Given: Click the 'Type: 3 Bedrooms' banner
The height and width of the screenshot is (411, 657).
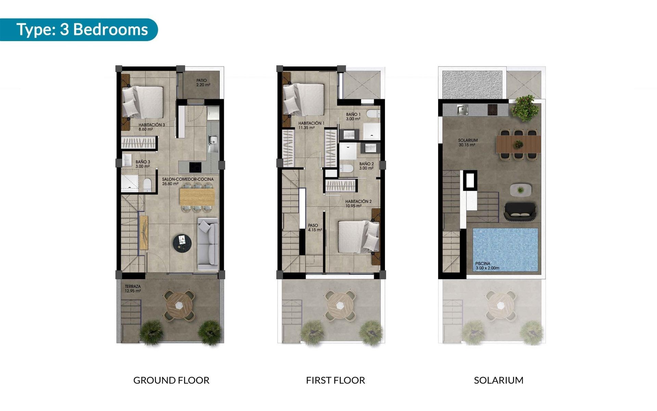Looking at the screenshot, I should tap(82, 29).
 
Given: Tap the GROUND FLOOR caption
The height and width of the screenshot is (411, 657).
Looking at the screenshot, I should tap(171, 380).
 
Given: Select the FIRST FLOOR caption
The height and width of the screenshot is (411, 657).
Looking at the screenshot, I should tap(335, 380).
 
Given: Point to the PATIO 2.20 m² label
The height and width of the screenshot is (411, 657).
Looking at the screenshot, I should tap(203, 83).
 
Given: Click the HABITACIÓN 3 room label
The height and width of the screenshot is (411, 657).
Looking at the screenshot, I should tap(152, 127).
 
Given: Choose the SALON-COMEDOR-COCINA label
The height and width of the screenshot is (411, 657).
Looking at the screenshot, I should tap(188, 181).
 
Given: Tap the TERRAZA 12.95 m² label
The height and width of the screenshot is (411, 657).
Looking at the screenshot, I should tap(133, 289).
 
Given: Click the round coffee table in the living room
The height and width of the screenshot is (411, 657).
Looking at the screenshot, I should tap(182, 243).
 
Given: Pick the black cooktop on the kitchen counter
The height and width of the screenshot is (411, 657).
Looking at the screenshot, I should tap(195, 167).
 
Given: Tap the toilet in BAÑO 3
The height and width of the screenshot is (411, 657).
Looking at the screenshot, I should tap(147, 185).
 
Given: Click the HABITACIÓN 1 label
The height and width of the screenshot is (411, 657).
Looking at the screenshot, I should tap(311, 125).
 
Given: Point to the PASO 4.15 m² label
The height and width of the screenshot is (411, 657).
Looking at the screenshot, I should tap(314, 228).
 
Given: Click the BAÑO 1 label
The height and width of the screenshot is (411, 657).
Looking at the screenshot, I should tap(353, 117).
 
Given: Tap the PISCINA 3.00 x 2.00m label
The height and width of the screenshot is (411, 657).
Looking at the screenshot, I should tap(487, 266).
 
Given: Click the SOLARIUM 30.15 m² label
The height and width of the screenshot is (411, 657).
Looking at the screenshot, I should tap(468, 142).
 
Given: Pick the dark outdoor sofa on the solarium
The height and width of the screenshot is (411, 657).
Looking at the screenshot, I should tap(520, 211).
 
